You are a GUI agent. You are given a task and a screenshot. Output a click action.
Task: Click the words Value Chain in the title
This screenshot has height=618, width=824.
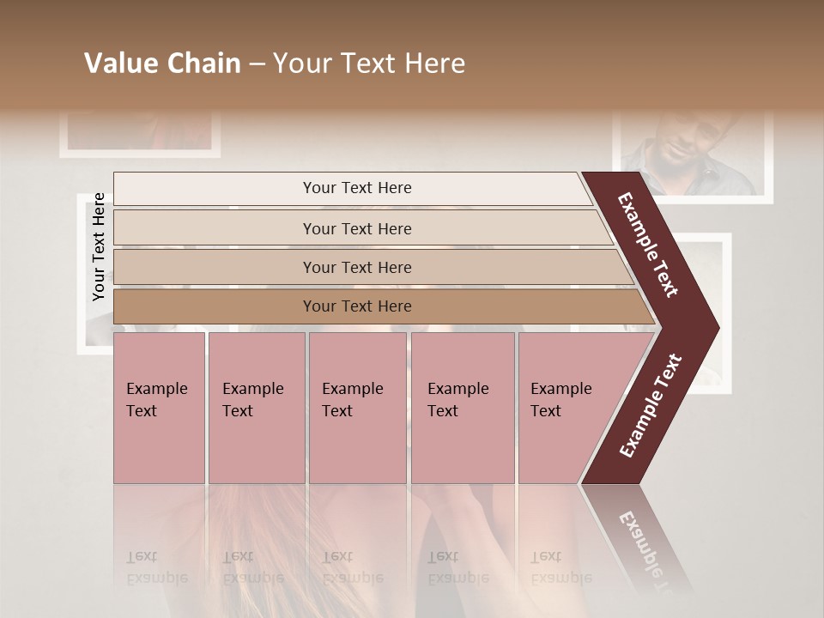click(162, 64)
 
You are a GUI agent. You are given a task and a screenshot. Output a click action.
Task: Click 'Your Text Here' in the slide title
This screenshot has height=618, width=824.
click(369, 64)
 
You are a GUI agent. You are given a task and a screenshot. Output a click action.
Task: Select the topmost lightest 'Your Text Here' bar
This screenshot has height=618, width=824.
click(356, 188)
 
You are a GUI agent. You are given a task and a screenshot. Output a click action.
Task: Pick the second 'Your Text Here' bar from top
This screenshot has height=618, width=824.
click(356, 228)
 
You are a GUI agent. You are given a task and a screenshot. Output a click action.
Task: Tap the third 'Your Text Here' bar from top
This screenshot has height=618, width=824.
click(356, 267)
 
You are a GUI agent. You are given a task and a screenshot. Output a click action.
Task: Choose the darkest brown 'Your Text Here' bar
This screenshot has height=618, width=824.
click(356, 306)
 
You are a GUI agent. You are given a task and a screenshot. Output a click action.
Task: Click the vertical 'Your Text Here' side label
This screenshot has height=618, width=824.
click(99, 246)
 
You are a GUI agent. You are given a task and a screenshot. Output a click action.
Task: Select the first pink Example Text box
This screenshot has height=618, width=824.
click(159, 408)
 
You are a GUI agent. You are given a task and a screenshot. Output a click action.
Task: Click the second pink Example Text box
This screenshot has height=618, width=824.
click(256, 408)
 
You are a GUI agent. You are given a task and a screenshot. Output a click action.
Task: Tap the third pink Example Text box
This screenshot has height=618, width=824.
click(357, 408)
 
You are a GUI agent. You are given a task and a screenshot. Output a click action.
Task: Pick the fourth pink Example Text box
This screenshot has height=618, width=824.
click(462, 408)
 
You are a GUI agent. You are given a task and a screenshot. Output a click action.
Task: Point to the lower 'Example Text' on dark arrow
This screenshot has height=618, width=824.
click(651, 405)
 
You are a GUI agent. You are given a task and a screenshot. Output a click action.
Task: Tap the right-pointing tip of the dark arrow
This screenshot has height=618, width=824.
click(715, 328)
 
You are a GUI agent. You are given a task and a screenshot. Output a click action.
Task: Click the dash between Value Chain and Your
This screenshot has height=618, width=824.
click(257, 64)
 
